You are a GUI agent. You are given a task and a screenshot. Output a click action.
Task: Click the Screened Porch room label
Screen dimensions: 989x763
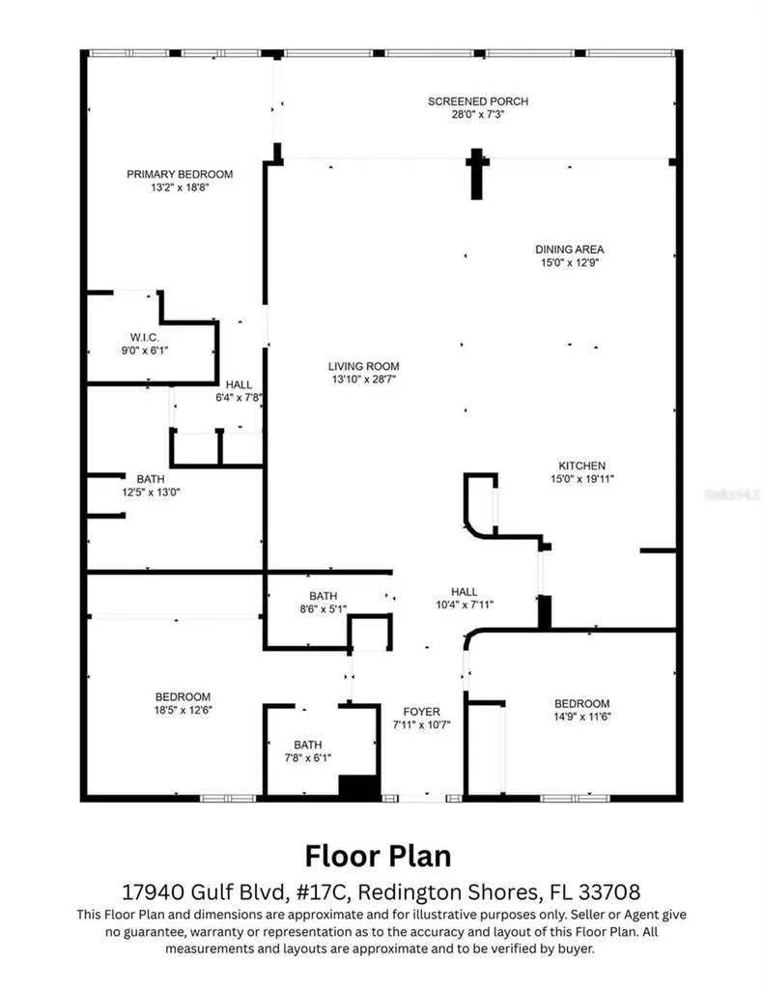pyautogui.click(x=478, y=101)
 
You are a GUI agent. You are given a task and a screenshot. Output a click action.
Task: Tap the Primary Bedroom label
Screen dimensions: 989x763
pyautogui.click(x=180, y=174)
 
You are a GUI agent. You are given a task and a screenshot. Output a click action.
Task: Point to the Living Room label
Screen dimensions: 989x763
pyautogui.click(x=363, y=366)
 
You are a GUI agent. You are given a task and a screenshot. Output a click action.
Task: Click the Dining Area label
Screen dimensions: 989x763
pyautogui.click(x=570, y=249)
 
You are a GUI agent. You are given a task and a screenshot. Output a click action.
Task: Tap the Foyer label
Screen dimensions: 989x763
pyautogui.click(x=422, y=712)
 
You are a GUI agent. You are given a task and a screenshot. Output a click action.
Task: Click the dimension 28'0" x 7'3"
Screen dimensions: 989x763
pyautogui.click(x=478, y=114)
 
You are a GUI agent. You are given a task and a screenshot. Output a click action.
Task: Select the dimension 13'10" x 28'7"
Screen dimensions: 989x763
pyautogui.click(x=363, y=380)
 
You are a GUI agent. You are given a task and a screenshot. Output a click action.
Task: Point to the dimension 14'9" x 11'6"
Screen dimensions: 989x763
pyautogui.click(x=581, y=716)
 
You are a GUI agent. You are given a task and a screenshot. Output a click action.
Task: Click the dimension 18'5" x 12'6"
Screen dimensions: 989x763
pyautogui.click(x=183, y=710)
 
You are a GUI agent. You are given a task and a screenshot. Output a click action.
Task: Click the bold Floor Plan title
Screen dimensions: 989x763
pyautogui.click(x=378, y=856)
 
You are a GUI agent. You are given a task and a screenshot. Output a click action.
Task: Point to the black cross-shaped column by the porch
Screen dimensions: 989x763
pyautogui.click(x=476, y=172)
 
